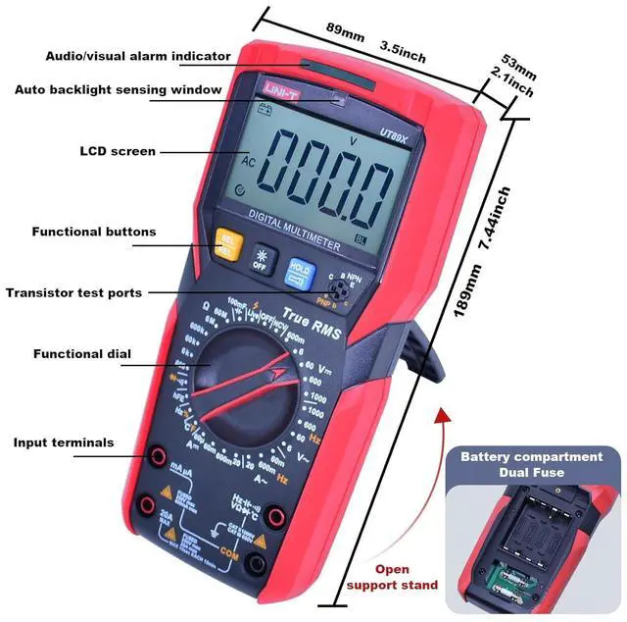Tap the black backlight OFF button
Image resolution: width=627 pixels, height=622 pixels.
point(261,258)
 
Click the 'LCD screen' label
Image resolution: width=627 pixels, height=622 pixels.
point(117,151)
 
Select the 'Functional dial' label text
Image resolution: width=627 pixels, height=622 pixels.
point(82,353)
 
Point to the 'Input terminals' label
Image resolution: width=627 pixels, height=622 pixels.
point(64,442)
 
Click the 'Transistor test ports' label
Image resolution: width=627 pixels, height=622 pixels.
point(73,292)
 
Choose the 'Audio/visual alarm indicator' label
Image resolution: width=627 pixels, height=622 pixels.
point(138,56)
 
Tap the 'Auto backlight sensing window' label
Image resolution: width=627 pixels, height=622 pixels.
point(118,89)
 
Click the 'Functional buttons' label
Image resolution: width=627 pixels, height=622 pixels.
point(94,233)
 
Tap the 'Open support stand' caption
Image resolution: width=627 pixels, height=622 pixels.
point(391,577)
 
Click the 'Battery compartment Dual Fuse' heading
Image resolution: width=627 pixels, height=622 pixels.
point(532,464)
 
